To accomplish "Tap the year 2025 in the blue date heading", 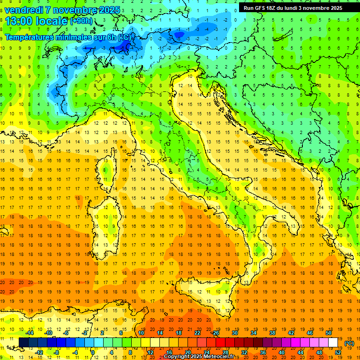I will click(x=109, y=10).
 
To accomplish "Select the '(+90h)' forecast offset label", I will click(x=81, y=21).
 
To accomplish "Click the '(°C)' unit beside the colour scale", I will click(x=349, y=343).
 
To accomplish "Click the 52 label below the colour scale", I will click(x=338, y=352).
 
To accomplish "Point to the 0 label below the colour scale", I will click(x=93, y=352).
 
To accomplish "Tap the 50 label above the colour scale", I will click(x=329, y=333).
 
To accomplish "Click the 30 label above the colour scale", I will click(x=235, y=333).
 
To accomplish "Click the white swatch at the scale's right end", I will click(x=333, y=343).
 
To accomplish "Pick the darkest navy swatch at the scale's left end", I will click(x=24, y=343).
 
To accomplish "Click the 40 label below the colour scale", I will click(x=282, y=352).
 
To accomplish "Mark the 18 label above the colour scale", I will click(x=179, y=333).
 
